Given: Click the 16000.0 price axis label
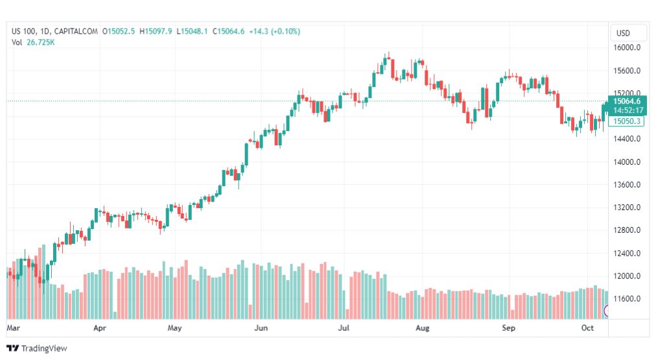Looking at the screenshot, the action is [627, 48].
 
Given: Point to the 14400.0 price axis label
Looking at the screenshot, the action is [627, 139].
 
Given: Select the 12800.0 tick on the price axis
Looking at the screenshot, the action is [627, 230].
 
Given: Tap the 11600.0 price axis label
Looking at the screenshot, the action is [627, 298].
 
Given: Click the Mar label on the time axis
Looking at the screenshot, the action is [13, 328].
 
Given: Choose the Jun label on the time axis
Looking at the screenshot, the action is [261, 328].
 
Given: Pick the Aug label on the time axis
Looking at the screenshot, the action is [423, 328].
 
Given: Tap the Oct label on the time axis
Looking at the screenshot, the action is [587, 328].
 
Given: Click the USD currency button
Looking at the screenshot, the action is [623, 33].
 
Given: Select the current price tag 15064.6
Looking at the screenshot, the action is [627, 101].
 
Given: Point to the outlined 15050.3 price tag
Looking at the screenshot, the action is [626, 121].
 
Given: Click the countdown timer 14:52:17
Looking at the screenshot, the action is [628, 110].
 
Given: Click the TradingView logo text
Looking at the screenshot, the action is [44, 348].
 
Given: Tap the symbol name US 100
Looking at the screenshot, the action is [24, 31].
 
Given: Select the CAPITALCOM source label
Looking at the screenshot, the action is [76, 31].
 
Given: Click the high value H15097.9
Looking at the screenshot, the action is [156, 31].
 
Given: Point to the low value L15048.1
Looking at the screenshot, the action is [192, 31].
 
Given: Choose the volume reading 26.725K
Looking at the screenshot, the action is [41, 42].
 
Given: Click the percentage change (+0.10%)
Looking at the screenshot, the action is [286, 31].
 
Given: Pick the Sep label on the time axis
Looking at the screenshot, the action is [509, 328].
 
